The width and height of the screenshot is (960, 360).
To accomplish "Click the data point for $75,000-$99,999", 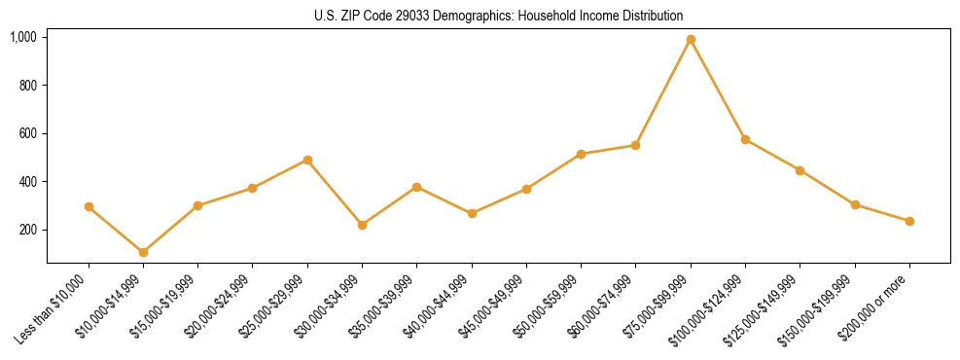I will click(691, 40).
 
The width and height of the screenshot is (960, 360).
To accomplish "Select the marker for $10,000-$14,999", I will click(144, 252).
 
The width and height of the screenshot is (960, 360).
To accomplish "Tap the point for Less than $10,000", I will click(89, 206).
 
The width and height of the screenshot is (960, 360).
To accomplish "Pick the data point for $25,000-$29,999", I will click(307, 160).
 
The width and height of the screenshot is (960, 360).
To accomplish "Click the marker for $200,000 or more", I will click(909, 221).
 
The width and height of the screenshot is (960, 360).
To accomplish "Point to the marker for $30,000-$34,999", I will click(362, 225).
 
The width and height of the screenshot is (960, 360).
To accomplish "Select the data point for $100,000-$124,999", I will click(745, 139).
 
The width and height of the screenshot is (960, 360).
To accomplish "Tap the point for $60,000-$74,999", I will click(635, 145).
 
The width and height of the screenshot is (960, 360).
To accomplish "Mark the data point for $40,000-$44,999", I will click(472, 213).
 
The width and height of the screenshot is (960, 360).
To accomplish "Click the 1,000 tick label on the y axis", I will click(23, 37).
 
